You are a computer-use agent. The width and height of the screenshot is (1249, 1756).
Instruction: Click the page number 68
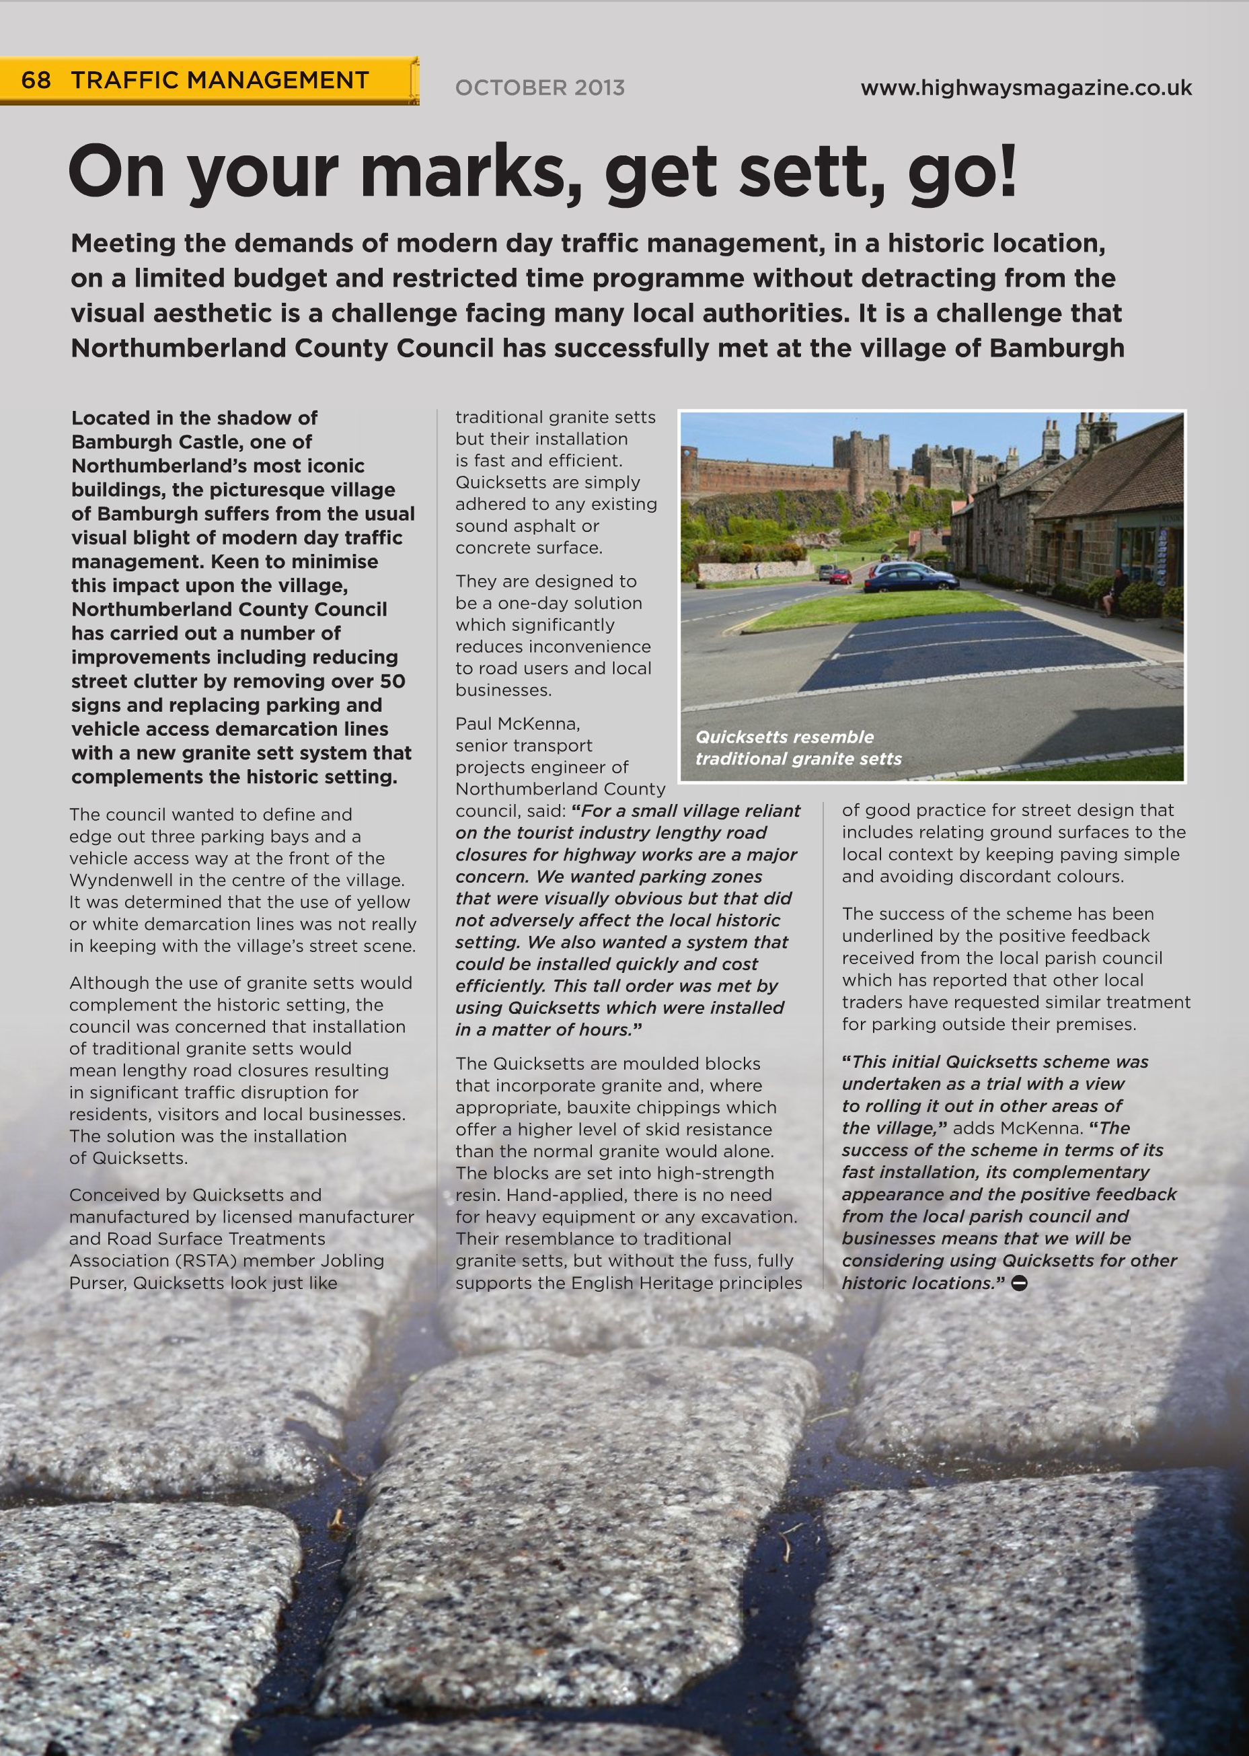click(36, 80)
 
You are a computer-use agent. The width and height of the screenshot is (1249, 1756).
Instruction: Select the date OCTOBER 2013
click(540, 87)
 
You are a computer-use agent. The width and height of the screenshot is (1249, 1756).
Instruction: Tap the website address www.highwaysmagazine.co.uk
click(1026, 87)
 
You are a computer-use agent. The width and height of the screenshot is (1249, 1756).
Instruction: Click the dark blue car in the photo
click(911, 579)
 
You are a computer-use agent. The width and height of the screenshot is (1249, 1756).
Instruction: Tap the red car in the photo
click(841, 576)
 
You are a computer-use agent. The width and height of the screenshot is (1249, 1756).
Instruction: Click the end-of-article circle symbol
click(1019, 1283)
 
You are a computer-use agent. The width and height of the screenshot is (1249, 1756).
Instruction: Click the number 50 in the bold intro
click(392, 682)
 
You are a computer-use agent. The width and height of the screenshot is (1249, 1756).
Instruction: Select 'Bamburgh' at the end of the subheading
click(1057, 349)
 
